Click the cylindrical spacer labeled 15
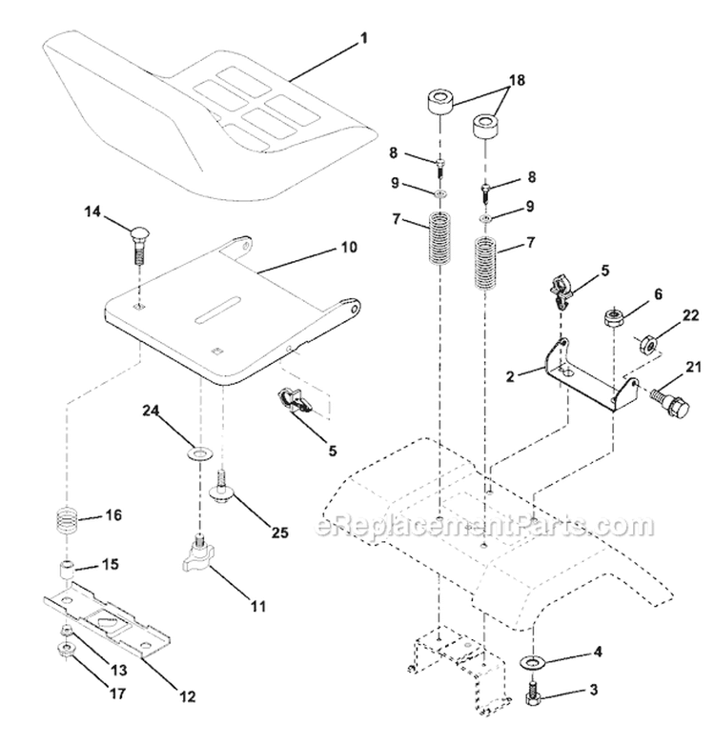(x=66, y=572)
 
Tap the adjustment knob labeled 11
(x=198, y=553)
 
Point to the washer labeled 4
(x=531, y=661)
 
